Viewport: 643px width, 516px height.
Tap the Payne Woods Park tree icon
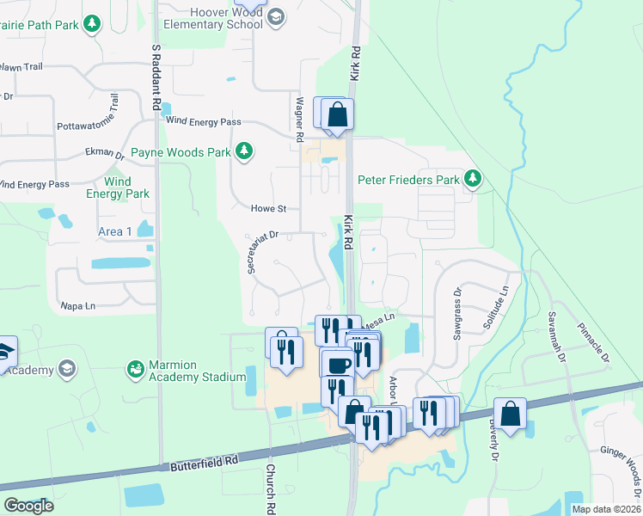tap(245, 151)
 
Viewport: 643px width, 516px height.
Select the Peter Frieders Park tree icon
tap(472, 179)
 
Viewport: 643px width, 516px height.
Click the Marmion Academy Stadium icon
tap(135, 370)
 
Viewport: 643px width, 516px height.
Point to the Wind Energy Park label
tap(118, 187)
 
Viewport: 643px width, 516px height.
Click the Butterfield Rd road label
tap(204, 464)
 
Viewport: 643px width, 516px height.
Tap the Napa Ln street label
tap(77, 305)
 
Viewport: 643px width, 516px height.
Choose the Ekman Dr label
tap(105, 153)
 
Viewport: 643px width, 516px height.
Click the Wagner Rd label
tap(300, 120)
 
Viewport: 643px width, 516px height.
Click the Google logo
tap(28, 505)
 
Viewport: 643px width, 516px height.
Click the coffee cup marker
tap(338, 365)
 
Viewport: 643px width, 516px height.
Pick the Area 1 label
tap(115, 231)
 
